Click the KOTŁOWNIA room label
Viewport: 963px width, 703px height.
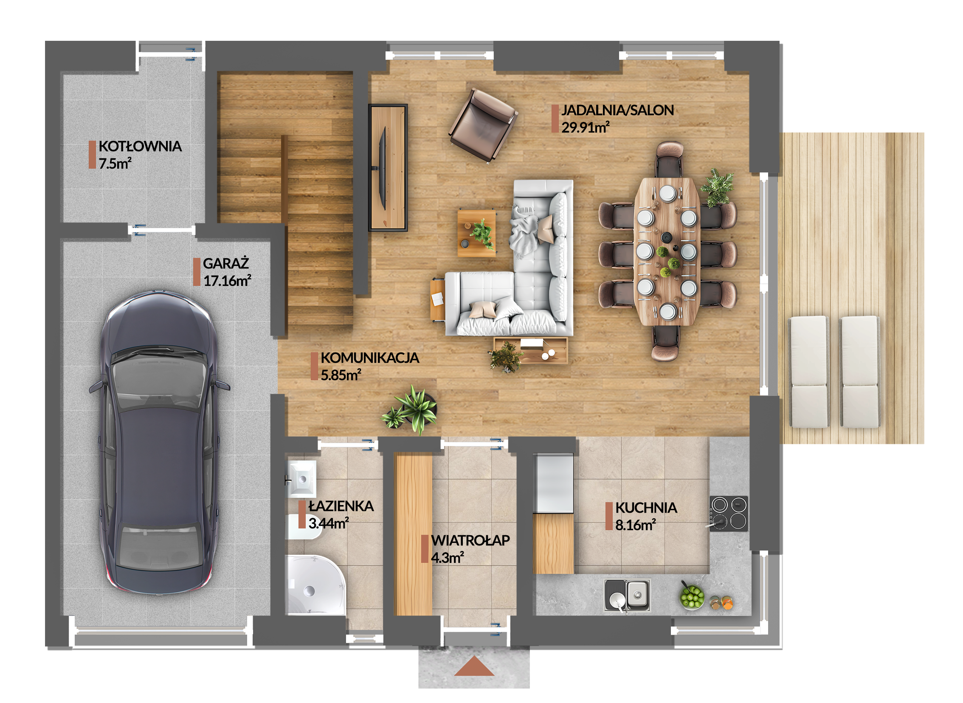tap(140, 147)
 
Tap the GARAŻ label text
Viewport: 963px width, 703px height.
tap(225, 264)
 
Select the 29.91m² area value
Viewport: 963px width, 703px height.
tap(585, 127)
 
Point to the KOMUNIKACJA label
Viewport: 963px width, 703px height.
tap(370, 358)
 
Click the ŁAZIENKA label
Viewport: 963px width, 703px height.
tap(341, 506)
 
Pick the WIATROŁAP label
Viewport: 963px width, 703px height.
tap(470, 540)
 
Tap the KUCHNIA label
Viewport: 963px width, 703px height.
tap(646, 508)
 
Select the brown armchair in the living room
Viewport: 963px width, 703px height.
tap(483, 125)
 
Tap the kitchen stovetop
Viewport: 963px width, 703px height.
tap(729, 514)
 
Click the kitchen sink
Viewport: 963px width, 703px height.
tap(628, 595)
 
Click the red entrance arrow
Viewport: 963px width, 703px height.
tap(474, 667)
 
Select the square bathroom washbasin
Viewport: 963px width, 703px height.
tap(302, 479)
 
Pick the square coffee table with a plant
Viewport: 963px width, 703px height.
tap(476, 233)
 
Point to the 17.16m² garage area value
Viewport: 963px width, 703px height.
tap(227, 281)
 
